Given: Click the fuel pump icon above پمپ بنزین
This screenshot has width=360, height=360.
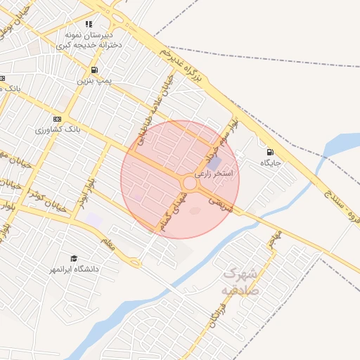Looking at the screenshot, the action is [94, 70].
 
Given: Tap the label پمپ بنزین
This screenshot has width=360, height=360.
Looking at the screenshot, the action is [94, 81].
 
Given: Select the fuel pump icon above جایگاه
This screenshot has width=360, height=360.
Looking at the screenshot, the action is [270, 152].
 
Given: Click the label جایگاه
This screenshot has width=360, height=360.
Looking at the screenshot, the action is [271, 163].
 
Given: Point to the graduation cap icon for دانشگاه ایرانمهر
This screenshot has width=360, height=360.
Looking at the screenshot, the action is [74, 258].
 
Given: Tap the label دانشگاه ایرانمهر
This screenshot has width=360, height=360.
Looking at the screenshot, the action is [74, 269].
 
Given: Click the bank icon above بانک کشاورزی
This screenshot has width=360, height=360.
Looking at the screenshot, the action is [57, 119].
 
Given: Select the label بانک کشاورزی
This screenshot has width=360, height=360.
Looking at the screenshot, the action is [58, 130].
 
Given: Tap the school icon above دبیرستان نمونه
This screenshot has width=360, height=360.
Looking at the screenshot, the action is [89, 24].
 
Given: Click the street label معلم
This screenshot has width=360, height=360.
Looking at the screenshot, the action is [108, 245].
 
